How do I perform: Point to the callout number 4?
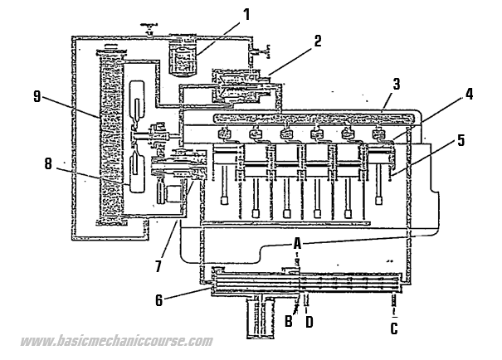469,94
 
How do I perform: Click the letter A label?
296,242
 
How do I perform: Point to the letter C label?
394,328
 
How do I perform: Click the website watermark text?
116,342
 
